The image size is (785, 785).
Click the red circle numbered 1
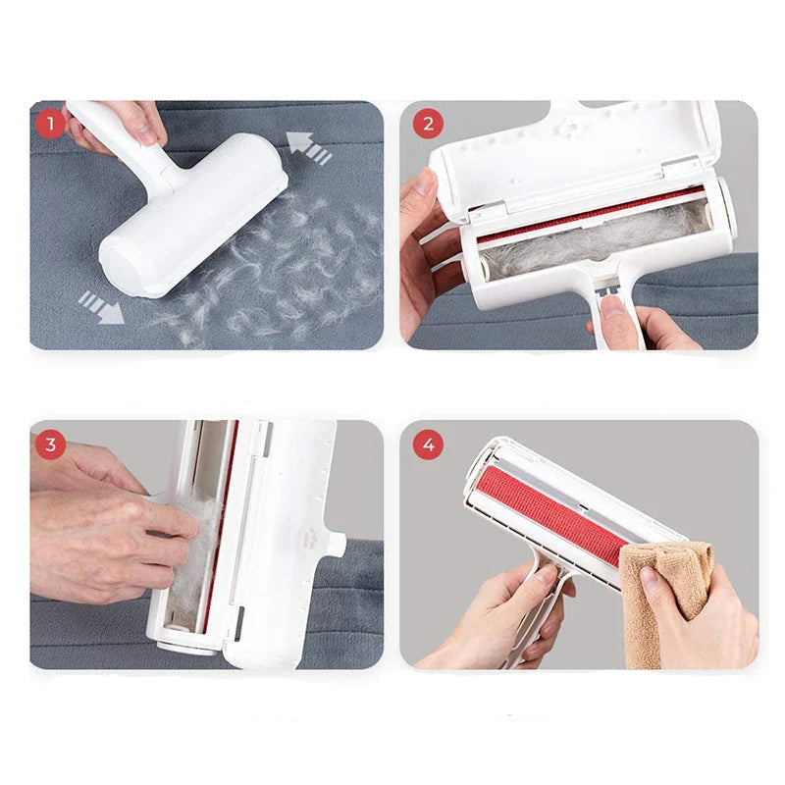tap(50, 124)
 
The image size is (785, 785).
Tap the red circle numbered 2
tap(428, 124)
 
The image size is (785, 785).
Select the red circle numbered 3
tap(50, 445)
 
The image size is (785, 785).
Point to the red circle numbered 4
tap(428, 445)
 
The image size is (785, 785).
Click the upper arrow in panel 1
tap(309, 148)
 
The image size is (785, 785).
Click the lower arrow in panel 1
tap(101, 306)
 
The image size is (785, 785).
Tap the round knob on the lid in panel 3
tap(337, 545)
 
